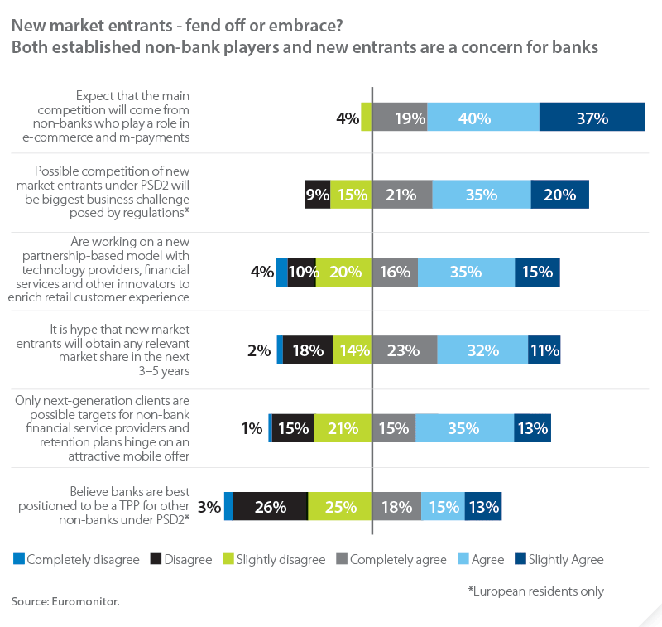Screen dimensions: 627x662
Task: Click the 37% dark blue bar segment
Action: [x=592, y=118]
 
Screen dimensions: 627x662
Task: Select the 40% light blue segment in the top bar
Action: [x=483, y=118]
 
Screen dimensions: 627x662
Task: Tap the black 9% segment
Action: [x=317, y=195]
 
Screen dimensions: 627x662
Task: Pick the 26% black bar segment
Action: [x=270, y=506]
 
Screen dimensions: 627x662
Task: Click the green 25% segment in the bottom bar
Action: [x=339, y=506]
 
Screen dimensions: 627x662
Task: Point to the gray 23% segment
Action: [x=405, y=350]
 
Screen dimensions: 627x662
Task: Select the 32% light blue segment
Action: [x=482, y=350]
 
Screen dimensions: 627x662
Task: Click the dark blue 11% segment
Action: [x=544, y=350]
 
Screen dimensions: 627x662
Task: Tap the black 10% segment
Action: [x=301, y=273]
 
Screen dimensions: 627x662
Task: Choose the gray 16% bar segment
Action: [x=395, y=273]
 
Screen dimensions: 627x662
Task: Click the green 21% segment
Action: [x=343, y=428]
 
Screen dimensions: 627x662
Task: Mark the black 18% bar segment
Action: [x=308, y=350]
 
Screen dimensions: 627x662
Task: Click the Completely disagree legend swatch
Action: [x=18, y=559]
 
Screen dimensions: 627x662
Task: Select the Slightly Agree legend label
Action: [x=566, y=559]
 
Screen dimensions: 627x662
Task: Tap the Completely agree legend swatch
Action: [x=341, y=559]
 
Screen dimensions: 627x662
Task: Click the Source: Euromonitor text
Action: [x=65, y=601]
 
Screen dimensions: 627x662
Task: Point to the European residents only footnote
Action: [x=535, y=591]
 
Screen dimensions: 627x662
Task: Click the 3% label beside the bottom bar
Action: [x=210, y=506]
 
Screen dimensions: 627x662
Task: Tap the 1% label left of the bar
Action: [x=252, y=428]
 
